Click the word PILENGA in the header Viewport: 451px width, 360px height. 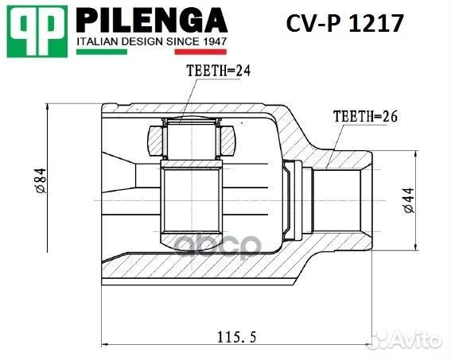pyautogui.click(x=152, y=19)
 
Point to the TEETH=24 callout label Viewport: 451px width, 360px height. pyautogui.click(x=218, y=71)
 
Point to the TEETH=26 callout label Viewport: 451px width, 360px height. pyautogui.click(x=364, y=116)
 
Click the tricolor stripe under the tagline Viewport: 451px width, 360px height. pyautogui.click(x=152, y=52)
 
